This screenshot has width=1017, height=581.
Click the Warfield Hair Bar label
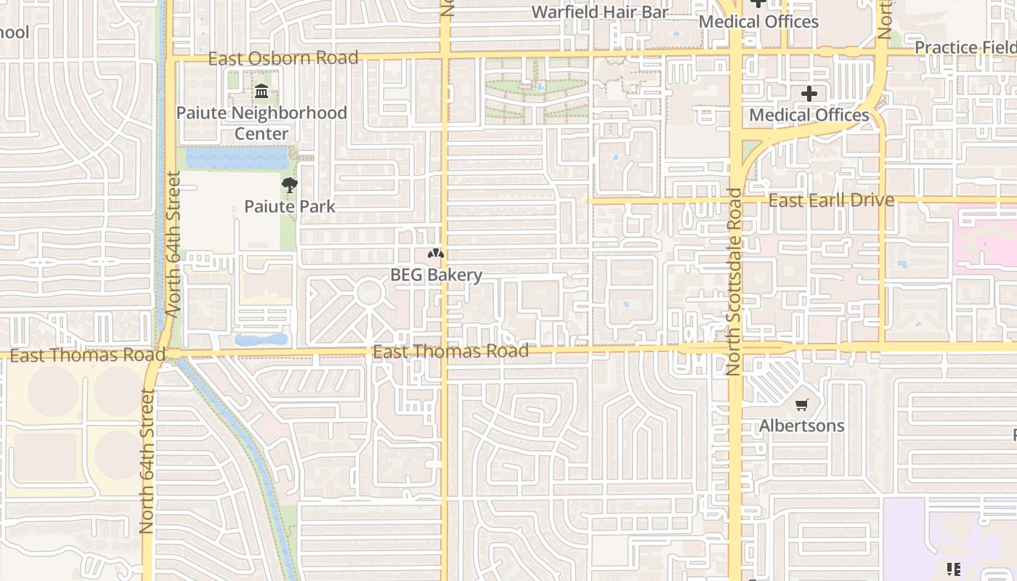tap(599, 12)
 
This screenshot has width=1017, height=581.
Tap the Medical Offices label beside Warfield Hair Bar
tap(758, 22)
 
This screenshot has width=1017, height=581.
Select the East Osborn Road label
tap(283, 58)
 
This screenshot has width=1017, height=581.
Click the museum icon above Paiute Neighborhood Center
tap(262, 92)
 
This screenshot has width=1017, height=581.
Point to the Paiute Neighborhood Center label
tap(262, 123)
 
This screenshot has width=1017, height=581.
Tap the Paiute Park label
tap(290, 206)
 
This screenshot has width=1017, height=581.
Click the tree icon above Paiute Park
tap(290, 185)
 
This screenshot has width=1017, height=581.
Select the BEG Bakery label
tap(436, 275)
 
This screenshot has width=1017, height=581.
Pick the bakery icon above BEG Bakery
tap(436, 254)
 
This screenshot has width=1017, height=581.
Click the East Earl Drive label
tap(831, 200)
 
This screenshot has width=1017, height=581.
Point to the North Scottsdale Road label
tap(734, 282)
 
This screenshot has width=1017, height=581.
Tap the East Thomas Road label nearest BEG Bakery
tap(450, 352)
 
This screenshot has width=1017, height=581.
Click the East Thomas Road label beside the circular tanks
tap(87, 355)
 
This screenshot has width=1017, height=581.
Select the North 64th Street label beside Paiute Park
tap(173, 243)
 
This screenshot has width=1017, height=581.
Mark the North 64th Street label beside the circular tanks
tap(147, 461)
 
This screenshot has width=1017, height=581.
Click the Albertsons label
tap(802, 426)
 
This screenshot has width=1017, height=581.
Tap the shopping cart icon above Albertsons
tap(802, 405)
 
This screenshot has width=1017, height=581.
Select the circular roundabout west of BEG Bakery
tap(369, 293)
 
